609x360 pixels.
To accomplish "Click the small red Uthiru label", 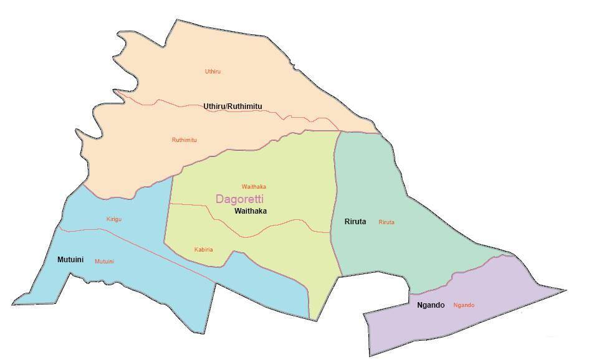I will point(213,72).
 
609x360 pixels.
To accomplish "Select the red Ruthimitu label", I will point(184,140).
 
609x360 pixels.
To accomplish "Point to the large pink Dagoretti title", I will point(240,199).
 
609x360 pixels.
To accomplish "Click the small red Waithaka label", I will point(254,186).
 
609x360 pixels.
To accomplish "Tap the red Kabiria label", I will point(204,250).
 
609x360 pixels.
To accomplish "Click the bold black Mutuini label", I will point(70,258).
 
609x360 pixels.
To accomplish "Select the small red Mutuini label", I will point(104,261).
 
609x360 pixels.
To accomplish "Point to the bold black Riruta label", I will point(355,221).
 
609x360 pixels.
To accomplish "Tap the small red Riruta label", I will point(386,222).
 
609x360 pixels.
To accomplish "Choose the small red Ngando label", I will point(464,305).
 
